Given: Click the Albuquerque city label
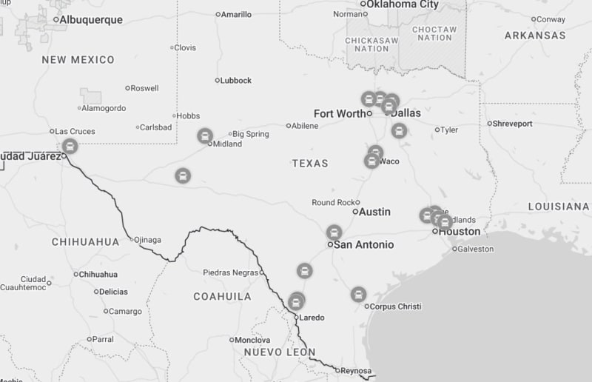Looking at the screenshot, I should pos(90,20).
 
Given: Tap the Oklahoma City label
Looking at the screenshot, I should pos(403,4).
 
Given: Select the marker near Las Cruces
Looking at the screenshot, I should pos(70,145).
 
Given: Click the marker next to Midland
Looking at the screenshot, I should pos(205,135).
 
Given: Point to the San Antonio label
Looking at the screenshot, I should pos(363,244).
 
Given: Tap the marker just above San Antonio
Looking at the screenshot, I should pos(334,232).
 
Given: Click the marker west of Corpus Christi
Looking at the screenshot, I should pos(358,294).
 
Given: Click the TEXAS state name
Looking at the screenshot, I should pos(309,163).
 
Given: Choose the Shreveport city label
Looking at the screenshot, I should pos(513,124).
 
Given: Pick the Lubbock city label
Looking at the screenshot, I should pos(237,81).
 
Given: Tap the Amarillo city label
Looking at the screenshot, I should pos(237,14).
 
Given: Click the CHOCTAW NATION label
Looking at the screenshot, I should pos(434,33).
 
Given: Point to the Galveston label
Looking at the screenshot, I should pos(476,249).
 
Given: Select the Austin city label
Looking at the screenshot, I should pos(374,212).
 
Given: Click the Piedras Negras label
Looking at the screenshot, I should pos(230,272).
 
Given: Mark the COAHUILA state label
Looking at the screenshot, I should pos(222,296).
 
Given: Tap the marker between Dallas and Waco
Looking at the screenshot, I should pos(399,131).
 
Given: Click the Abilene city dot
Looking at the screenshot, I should pos(289,126).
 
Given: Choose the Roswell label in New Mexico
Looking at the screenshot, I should pos(144,88).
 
